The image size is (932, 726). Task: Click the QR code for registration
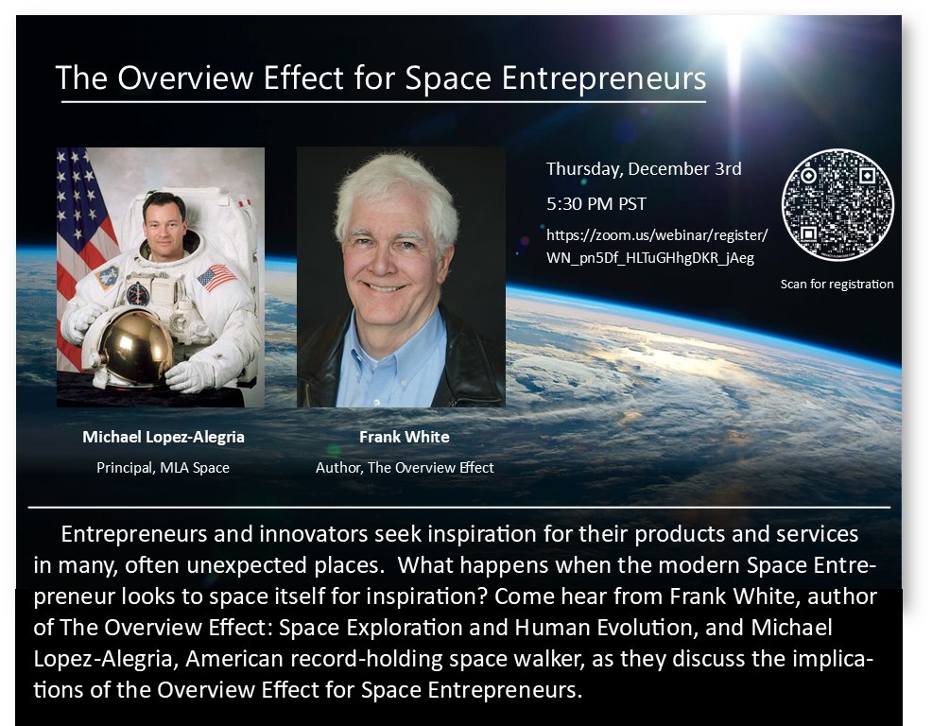point(837,203)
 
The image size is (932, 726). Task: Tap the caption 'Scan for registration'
point(837,284)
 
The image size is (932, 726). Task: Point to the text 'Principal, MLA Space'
point(163,467)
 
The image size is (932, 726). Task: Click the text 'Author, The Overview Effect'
point(405,467)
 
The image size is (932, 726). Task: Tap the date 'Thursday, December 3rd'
point(644,170)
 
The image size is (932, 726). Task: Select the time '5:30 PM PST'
point(596,203)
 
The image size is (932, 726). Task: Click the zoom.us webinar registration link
point(657,245)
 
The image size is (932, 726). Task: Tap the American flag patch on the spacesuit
point(216,277)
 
